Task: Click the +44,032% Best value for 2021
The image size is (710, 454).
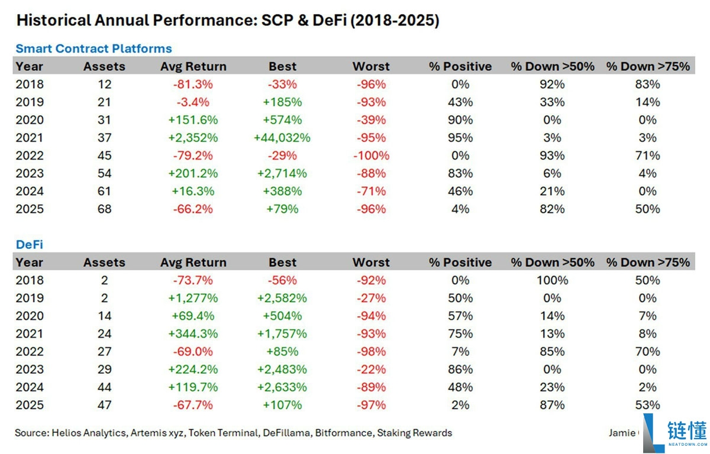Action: [282, 138]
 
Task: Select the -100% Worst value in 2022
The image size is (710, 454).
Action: [371, 155]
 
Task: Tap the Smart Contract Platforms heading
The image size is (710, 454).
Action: [94, 48]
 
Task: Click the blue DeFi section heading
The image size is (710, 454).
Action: [30, 244]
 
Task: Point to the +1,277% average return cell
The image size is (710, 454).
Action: [193, 298]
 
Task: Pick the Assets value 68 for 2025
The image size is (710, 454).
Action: [104, 209]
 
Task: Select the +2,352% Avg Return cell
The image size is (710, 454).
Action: [193, 138]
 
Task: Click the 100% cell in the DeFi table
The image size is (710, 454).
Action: [552, 280]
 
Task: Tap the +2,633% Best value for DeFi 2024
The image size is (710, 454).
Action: [282, 387]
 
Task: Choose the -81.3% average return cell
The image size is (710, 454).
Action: [193, 84]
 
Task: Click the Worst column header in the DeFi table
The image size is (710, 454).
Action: [371, 262]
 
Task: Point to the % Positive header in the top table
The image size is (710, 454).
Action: [460, 66]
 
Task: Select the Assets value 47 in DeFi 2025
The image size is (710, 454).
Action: [104, 405]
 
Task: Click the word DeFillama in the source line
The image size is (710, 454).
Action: [286, 433]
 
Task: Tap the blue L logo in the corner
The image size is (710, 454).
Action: [653, 433]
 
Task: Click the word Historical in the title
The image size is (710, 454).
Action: [54, 20]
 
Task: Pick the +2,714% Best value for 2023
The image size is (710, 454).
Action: [282, 173]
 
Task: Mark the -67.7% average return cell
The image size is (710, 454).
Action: [193, 405]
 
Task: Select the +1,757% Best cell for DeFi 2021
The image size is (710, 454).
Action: [282, 333]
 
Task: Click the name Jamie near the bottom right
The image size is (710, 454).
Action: [622, 433]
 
